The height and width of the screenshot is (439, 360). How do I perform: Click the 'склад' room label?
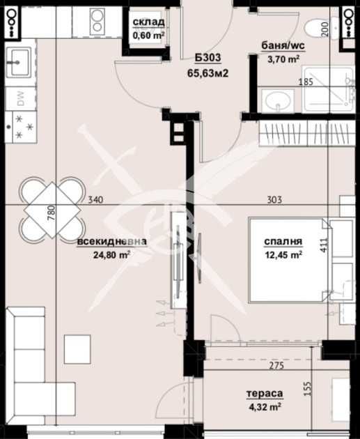tap(148, 22)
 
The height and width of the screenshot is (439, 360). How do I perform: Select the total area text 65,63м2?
tap(208, 72)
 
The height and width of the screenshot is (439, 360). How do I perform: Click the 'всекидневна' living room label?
tap(112, 242)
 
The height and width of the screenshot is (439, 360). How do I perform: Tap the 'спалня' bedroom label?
tap(283, 242)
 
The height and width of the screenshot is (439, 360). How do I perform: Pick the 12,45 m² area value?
tap(283, 255)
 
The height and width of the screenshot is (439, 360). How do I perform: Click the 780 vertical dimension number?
tap(51, 212)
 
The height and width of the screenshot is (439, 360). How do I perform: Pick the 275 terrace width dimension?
tap(278, 364)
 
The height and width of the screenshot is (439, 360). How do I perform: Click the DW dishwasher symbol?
tap(21, 100)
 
